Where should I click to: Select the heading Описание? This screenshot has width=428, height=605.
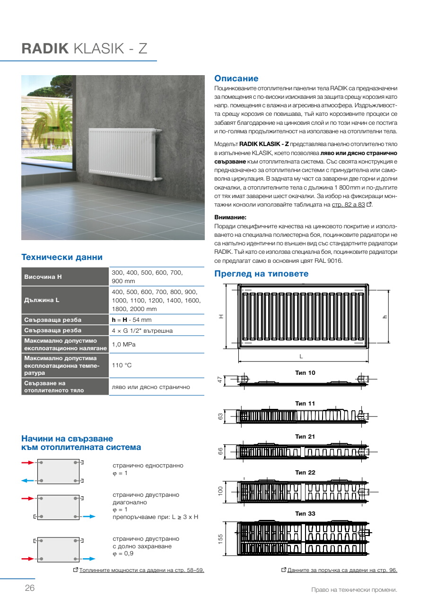click(236, 78)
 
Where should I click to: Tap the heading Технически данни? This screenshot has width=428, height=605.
click(62, 258)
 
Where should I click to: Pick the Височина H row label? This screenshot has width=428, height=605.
click(43, 277)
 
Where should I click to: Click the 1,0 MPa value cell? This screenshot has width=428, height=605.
click(123, 344)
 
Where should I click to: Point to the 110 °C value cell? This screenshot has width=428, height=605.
click(121, 365)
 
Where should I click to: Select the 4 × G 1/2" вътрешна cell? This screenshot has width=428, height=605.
click(142, 330)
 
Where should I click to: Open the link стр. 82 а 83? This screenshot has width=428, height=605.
click(348, 204)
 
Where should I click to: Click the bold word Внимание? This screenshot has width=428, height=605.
click(230, 217)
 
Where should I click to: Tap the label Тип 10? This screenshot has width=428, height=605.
click(305, 373)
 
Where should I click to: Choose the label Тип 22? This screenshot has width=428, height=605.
click(305, 473)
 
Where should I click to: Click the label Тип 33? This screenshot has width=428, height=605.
click(305, 513)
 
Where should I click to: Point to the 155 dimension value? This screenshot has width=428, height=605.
click(220, 539)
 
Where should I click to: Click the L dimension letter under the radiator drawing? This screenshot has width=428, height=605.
click(301, 356)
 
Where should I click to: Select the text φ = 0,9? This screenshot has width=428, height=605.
click(124, 554)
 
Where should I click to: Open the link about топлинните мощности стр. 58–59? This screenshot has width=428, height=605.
click(142, 570)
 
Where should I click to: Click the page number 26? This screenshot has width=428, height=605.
click(29, 588)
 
